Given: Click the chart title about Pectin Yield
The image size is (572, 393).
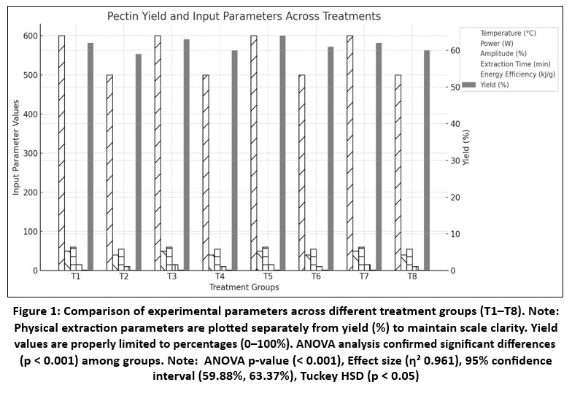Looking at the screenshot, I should (x=244, y=15).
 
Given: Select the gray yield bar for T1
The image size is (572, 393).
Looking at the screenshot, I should (x=90, y=157).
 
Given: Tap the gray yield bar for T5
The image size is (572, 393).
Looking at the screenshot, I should (x=282, y=153).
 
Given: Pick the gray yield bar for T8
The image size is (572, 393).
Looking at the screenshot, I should (x=427, y=160).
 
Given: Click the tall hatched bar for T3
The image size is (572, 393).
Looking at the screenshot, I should (x=158, y=153).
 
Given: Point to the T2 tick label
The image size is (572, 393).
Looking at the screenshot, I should (x=124, y=279).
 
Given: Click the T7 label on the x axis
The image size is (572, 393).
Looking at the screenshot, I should (x=364, y=279).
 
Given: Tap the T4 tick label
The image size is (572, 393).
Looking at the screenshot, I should (x=220, y=279).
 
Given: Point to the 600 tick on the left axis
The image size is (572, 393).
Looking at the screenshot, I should (x=31, y=36).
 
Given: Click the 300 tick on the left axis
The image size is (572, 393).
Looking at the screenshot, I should (x=31, y=154).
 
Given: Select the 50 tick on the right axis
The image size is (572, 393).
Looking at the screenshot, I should (x=455, y=87).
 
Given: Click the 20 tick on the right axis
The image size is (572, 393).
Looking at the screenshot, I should (x=455, y=198).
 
